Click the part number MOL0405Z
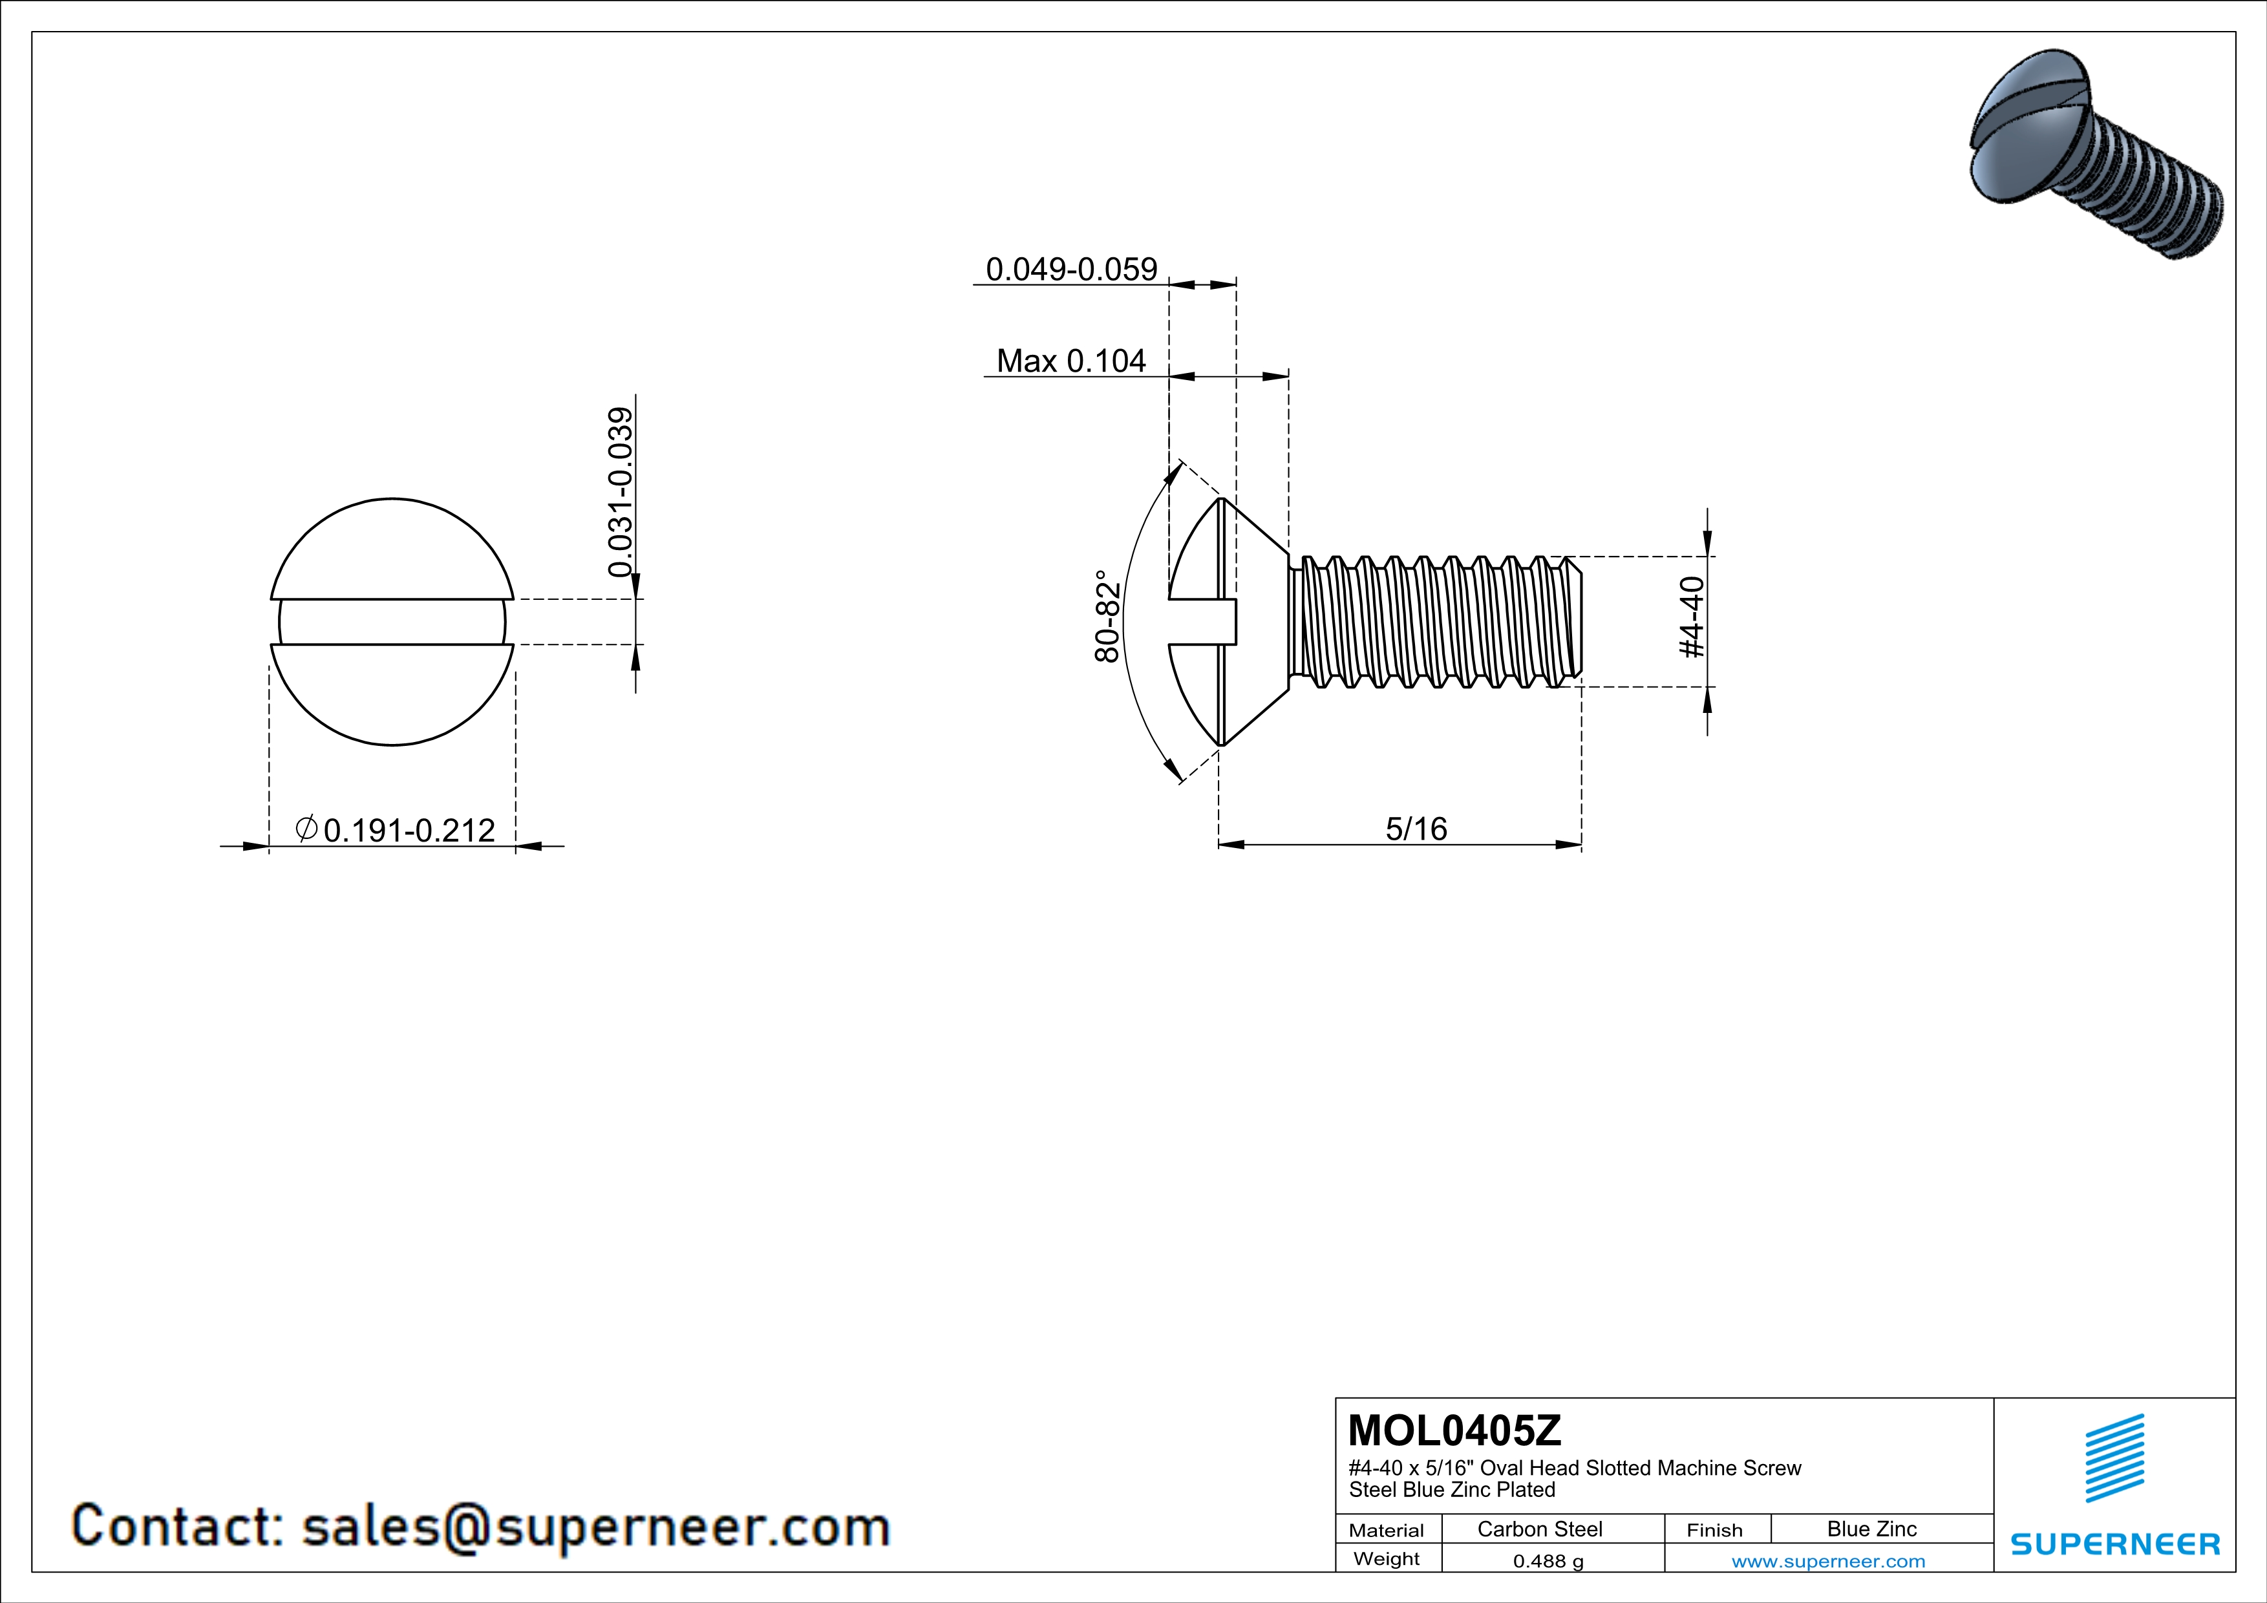pyautogui.click(x=1454, y=1430)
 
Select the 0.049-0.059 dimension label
pyautogui.click(x=1071, y=270)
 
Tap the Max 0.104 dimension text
pyautogui.click(x=1071, y=361)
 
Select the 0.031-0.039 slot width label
pyautogui.click(x=620, y=491)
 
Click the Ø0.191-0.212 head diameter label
pyautogui.click(x=395, y=829)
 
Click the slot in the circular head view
pyautogui.click(x=392, y=622)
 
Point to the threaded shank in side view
pyautogui.click(x=1436, y=621)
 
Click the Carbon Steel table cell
pyautogui.click(x=1539, y=1529)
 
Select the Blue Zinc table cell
pyautogui.click(x=1871, y=1529)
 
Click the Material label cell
pyautogui.click(x=1387, y=1530)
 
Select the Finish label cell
pyautogui.click(x=1714, y=1530)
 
